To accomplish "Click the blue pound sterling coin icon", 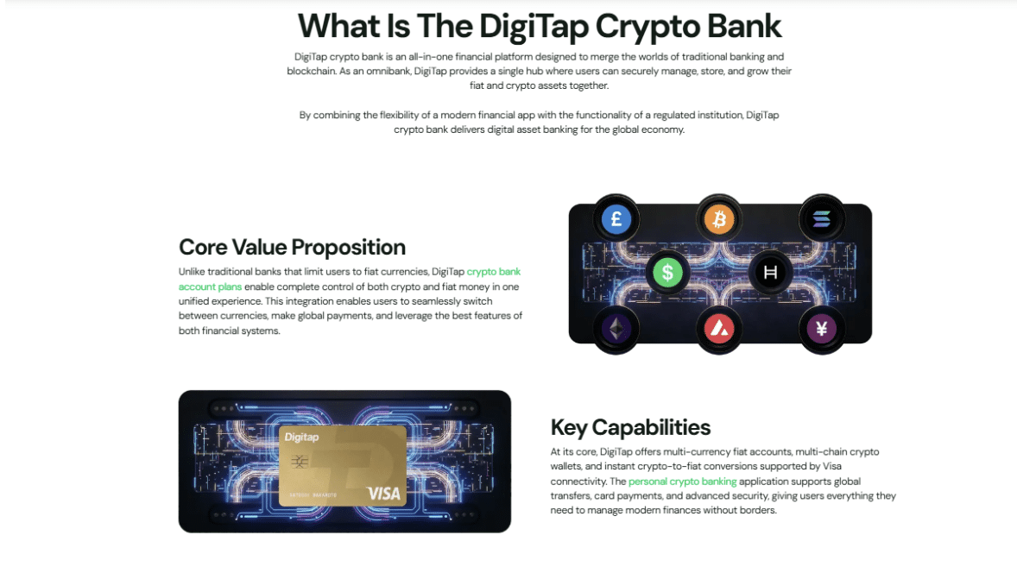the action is (x=616, y=219).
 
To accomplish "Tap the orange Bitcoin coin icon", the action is (x=718, y=219).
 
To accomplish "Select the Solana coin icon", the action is (x=821, y=219).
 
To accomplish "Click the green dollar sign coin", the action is (x=667, y=272).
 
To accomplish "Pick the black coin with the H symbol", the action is (x=770, y=272).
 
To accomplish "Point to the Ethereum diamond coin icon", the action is (x=616, y=330).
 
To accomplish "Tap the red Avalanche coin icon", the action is (x=718, y=330).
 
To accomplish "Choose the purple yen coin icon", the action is (x=821, y=330).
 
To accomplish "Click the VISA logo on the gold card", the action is (x=384, y=494).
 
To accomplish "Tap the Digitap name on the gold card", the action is (x=301, y=438).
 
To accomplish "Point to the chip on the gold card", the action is (x=299, y=462).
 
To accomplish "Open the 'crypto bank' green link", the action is (x=494, y=272).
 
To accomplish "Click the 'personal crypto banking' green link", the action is (x=682, y=482).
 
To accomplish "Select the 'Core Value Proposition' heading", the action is (x=293, y=247).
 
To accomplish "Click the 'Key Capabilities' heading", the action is (x=630, y=427).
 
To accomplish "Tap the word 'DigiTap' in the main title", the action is (x=534, y=27).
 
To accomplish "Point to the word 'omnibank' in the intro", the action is (x=388, y=72).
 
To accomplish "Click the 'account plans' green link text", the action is (x=210, y=286).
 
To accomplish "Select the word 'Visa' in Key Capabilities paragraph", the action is (x=831, y=466).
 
